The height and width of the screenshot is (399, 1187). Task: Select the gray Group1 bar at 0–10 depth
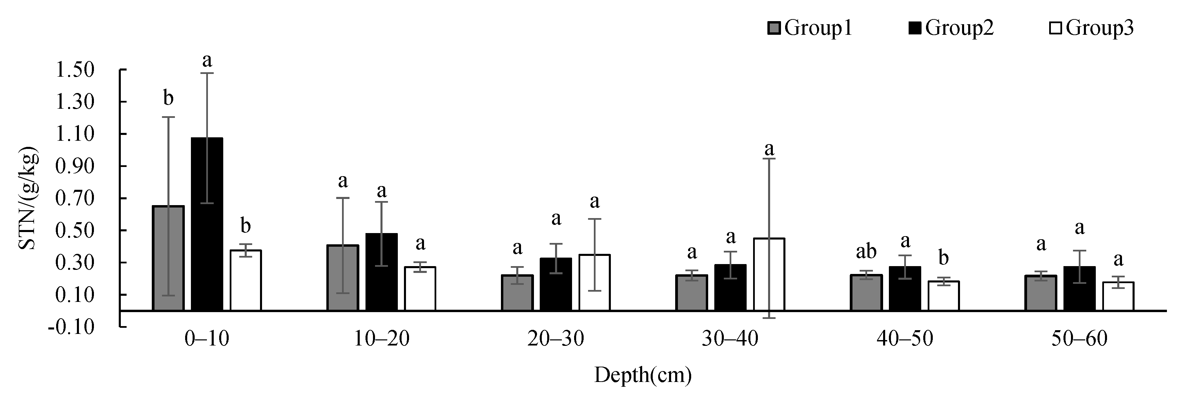pos(168,258)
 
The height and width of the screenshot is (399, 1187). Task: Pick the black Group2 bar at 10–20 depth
pos(381,272)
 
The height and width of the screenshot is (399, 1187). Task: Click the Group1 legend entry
pos(810,29)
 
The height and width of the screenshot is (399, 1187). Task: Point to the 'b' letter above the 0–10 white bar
pos(246,227)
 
